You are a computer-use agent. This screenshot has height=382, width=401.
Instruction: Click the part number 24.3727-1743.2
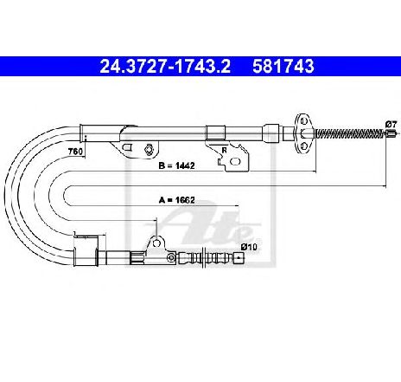tap(165, 66)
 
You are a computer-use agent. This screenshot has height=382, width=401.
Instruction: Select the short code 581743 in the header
tap(283, 66)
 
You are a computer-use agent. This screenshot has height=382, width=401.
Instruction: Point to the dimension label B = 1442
tap(176, 165)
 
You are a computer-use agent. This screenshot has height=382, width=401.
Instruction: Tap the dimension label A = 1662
tap(177, 200)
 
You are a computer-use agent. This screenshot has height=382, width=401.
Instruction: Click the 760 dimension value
tap(75, 151)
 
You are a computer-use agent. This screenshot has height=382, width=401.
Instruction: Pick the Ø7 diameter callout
tap(391, 125)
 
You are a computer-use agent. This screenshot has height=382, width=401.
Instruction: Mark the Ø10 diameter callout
tap(249, 247)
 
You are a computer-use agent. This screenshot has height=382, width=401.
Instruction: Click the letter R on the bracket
tap(224, 150)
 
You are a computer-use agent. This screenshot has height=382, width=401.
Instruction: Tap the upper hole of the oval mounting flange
tap(303, 121)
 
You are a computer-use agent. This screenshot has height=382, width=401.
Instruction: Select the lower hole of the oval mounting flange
tap(303, 146)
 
